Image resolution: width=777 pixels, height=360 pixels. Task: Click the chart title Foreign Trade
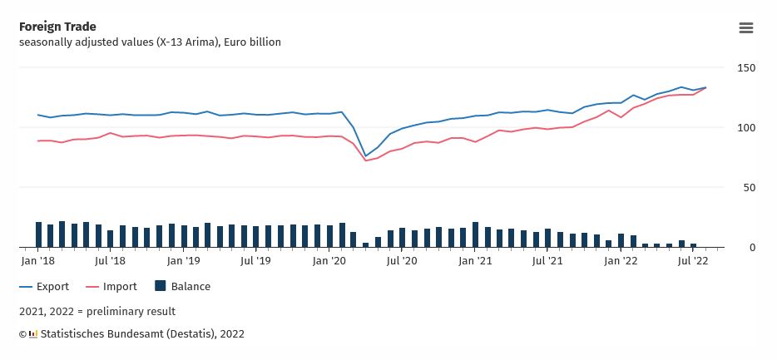pyautogui.click(x=57, y=27)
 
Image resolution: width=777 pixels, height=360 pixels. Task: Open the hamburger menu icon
pyautogui.click(x=746, y=27)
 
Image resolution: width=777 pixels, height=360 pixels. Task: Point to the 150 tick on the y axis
pyautogui.click(x=746, y=67)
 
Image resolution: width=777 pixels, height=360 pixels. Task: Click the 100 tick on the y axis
pyautogui.click(x=746, y=128)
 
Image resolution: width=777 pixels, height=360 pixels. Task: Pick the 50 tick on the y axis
pyautogui.click(x=749, y=188)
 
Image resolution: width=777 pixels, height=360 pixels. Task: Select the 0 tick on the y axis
pyautogui.click(x=752, y=248)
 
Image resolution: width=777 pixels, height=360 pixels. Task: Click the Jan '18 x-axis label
pyautogui.click(x=38, y=261)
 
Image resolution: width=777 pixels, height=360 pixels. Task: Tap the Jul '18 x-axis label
pyautogui.click(x=111, y=261)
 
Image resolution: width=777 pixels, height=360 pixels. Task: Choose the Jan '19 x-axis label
pyautogui.click(x=184, y=261)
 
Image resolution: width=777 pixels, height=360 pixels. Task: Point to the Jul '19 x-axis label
pyautogui.click(x=256, y=261)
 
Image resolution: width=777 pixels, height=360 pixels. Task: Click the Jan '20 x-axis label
pyautogui.click(x=329, y=261)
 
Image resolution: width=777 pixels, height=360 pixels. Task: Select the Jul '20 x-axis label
pyautogui.click(x=402, y=261)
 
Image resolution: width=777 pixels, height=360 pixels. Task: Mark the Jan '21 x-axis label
pyautogui.click(x=475, y=261)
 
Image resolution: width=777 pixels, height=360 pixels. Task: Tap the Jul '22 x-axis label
pyautogui.click(x=693, y=261)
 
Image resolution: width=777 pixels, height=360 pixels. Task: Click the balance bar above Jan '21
pyautogui.click(x=475, y=235)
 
